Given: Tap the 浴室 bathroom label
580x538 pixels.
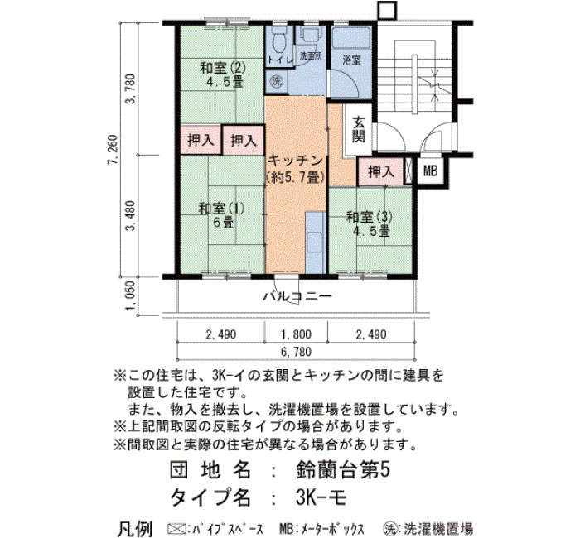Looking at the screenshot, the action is tap(351, 60).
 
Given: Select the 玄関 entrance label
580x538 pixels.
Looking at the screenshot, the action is tap(359, 129).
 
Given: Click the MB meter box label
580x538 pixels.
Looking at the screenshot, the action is tap(430, 171).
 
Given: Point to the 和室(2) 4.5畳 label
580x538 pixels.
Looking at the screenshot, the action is tap(223, 74).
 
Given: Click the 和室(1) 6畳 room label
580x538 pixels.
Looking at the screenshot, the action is tap(222, 215).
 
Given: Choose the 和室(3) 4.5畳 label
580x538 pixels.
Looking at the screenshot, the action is tap(370, 223).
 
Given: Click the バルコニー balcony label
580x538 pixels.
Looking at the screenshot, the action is tap(297, 296).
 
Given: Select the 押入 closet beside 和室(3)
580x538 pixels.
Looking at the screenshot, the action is tap(381, 172).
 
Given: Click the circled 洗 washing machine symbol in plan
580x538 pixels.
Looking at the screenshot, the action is tap(276, 81).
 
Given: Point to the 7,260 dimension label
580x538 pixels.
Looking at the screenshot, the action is tap(114, 150).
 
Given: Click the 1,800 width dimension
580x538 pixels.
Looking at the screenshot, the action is tap(297, 334).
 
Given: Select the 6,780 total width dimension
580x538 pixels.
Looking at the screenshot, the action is tap(297, 352).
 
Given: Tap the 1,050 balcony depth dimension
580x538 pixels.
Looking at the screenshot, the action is tap(131, 296).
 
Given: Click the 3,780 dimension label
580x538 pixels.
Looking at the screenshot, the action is tap(131, 89).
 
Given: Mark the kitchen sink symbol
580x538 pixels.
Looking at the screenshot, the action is tap(314, 242).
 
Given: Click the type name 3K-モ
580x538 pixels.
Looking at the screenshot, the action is tap(321, 497).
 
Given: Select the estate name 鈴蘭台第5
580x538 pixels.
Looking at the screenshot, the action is tap(343, 471).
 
